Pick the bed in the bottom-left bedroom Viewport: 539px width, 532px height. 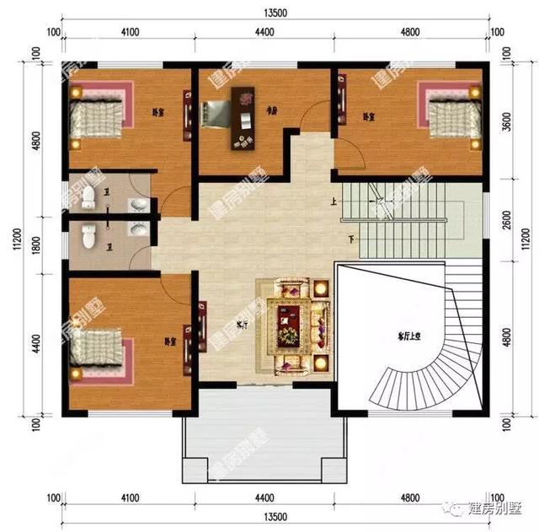pos(99,348)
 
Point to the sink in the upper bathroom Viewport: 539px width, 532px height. pos(136,205)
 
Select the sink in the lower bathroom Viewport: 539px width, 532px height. pos(136,228)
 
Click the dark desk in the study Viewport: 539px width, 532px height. pos(244,118)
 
